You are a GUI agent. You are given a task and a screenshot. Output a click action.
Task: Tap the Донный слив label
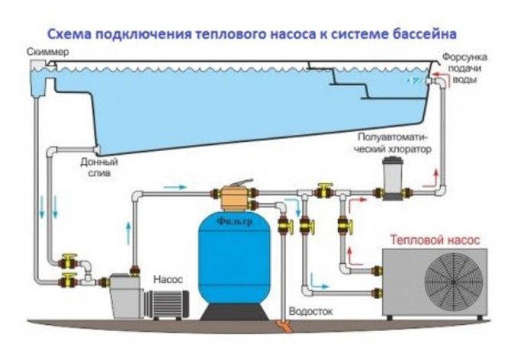pyautogui.click(x=98, y=168)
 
